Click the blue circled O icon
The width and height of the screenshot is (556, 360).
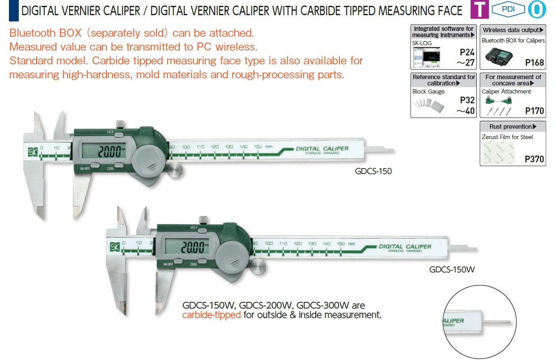[x=537, y=10]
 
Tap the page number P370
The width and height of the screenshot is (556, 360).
[x=535, y=158]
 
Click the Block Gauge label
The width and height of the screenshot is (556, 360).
[x=429, y=91]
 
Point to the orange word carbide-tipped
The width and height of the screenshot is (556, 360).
[x=211, y=315]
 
